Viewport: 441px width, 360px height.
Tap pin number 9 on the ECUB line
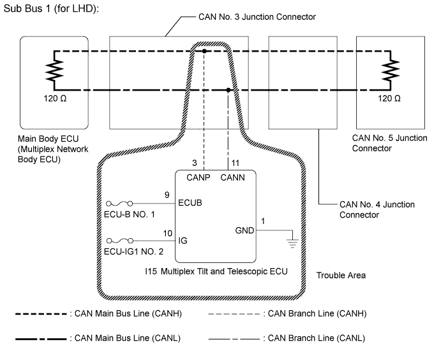pos(167,194)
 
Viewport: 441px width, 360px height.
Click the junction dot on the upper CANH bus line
pos(204,50)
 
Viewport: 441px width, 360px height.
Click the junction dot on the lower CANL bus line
pos(228,90)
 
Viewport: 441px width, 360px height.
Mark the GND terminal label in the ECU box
pos(243,230)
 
